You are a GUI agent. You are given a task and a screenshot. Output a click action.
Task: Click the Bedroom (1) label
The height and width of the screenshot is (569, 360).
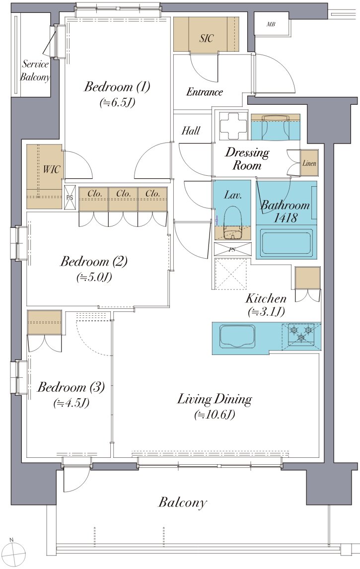pos(117,87)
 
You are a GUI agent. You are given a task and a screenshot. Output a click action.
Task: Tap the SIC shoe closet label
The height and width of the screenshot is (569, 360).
pos(206,38)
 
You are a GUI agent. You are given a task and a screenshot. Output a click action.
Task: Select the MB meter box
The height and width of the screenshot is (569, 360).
pos(271,24)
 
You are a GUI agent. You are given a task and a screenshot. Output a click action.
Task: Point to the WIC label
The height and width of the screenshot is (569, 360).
pos(51,169)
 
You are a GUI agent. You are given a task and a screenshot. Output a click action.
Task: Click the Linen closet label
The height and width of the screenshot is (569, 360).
pos(309,163)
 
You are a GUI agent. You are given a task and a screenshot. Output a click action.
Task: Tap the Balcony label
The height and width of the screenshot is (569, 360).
pos(183,502)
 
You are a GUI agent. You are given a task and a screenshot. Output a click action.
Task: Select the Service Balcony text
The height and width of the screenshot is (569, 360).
pos(35,71)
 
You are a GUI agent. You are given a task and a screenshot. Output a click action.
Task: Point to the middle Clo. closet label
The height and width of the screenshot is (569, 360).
pos(123,194)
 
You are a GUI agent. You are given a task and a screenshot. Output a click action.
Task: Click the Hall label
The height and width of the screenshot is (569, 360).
pos(191,130)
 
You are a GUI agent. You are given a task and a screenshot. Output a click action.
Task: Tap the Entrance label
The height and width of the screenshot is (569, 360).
pos(204,92)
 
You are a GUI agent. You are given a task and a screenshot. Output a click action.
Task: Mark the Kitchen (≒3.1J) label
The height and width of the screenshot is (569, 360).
pos(266,305)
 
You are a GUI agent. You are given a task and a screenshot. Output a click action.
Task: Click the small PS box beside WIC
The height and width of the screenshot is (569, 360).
pos(70,198)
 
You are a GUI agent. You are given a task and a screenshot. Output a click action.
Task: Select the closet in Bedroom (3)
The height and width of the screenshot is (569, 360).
pos(45,323)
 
